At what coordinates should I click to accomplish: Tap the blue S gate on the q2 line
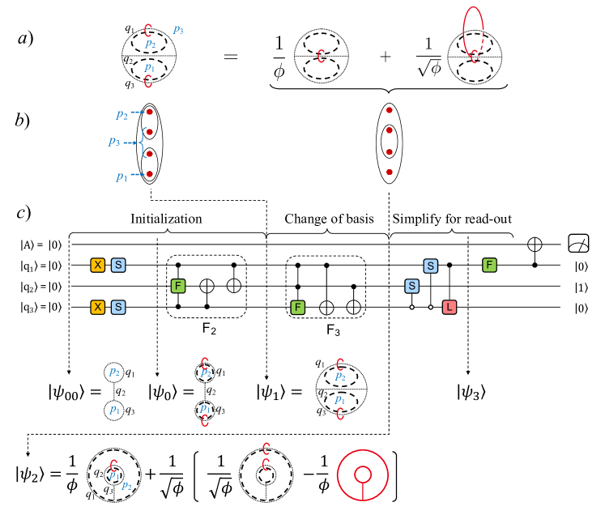pos(411,286)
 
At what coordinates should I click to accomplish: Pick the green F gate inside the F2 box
pos(178,286)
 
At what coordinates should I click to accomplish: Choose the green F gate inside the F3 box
pos(298,307)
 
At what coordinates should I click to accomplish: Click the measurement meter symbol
pos(577,243)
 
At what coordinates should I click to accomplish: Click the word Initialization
pos(166,219)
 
